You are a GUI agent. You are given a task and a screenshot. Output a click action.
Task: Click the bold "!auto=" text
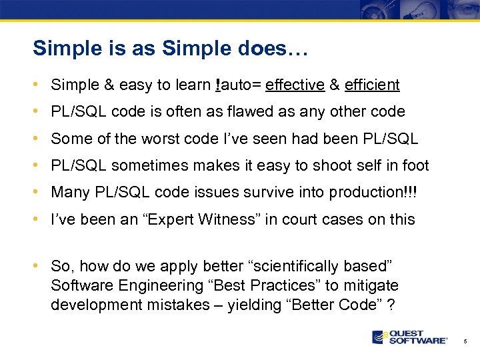tap(238, 85)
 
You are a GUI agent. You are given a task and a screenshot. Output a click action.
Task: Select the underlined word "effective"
tap(295, 85)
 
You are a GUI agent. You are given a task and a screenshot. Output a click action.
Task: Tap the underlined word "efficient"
tap(372, 85)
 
